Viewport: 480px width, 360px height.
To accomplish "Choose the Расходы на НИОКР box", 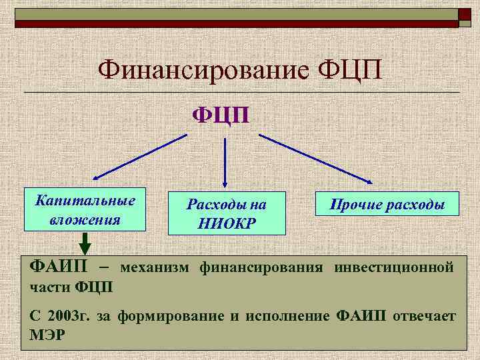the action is [227, 214].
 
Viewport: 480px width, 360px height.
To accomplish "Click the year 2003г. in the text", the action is [68, 315].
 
